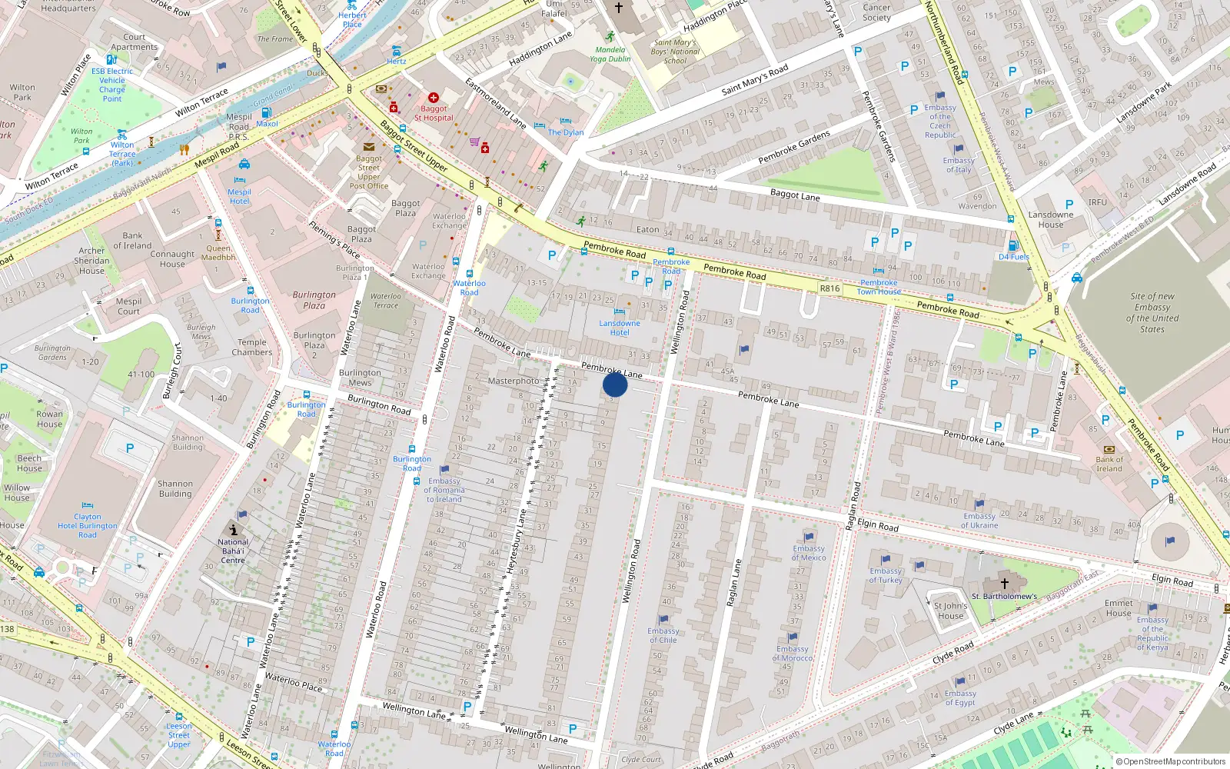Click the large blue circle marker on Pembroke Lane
[615, 384]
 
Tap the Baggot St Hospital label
[434, 113]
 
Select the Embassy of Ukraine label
[979, 521]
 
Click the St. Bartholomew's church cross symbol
[1004, 584]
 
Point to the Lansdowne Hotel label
[620, 328]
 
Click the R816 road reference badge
[829, 288]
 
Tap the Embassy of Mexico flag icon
[809, 537]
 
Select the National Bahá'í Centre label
[233, 551]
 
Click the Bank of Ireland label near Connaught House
[132, 241]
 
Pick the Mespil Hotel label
[239, 196]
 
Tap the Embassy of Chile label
[663, 635]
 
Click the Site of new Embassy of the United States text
[1152, 312]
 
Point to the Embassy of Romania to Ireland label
[444, 490]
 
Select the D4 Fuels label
[1013, 257]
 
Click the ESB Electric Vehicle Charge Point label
[112, 85]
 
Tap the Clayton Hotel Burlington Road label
[88, 526]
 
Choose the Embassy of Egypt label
[960, 697]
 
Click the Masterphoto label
[514, 381]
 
